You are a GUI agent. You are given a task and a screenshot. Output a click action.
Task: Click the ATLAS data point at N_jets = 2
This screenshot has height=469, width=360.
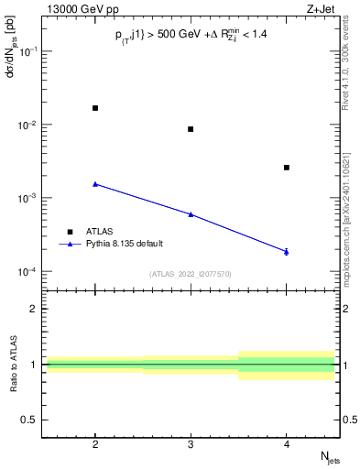[x=95, y=108]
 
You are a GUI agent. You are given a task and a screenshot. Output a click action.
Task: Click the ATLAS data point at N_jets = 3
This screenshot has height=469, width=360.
[x=191, y=129]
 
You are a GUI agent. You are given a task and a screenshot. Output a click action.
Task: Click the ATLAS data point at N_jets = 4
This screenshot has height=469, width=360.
[x=287, y=168]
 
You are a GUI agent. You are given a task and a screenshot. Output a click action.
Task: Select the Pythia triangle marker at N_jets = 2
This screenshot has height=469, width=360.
[x=95, y=184]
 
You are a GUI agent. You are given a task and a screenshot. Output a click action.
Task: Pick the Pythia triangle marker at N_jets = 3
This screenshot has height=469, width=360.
[x=191, y=214]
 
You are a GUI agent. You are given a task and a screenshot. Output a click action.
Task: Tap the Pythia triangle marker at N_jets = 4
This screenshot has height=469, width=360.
[x=287, y=251]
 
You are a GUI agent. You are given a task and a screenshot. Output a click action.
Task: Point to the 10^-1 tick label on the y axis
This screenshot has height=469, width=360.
[x=28, y=51]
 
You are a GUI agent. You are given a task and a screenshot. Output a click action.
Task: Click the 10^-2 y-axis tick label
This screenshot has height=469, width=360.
[x=28, y=125]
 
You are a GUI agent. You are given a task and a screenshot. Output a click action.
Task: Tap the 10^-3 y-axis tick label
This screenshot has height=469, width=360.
[x=28, y=198]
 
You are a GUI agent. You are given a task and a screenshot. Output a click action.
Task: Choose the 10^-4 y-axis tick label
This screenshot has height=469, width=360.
[x=28, y=272]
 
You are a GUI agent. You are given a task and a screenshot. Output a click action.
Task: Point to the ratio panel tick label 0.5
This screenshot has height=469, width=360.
[x=30, y=420]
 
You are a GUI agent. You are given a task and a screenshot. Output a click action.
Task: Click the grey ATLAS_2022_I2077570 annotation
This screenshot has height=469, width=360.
[x=191, y=273]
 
